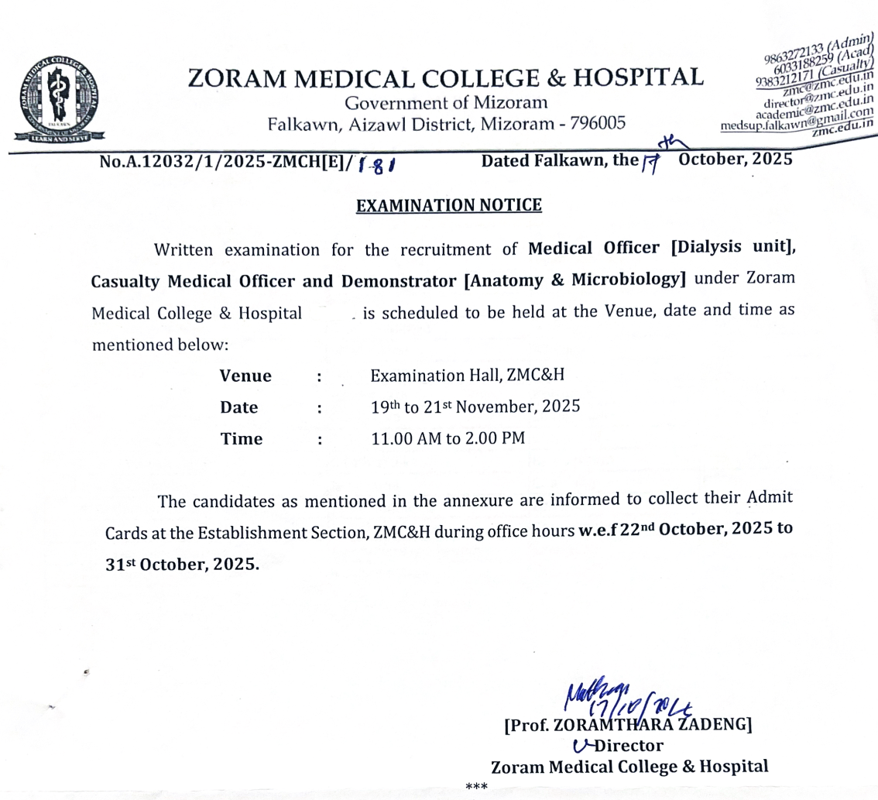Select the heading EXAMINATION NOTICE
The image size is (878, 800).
448,205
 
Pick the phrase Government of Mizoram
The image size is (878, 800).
447,102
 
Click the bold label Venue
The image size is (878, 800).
245,376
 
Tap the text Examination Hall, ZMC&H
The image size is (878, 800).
468,376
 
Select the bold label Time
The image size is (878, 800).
242,438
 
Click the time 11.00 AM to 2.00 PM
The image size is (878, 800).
448,438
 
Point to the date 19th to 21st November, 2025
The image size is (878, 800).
475,406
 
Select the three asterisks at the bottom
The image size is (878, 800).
475,788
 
